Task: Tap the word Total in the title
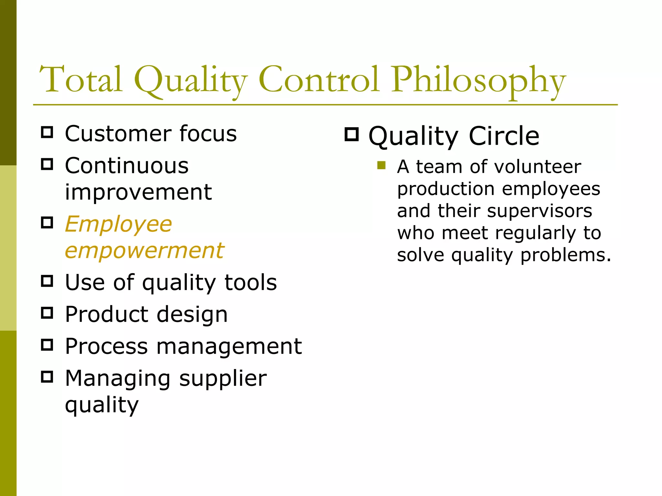click(81, 79)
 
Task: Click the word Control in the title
click(318, 79)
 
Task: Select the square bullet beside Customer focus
click(47, 132)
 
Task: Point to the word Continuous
click(127, 166)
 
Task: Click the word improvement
click(138, 192)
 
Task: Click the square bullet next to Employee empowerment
click(47, 222)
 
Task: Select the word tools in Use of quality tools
click(251, 283)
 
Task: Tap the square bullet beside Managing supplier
click(47, 377)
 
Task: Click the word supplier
click(223, 378)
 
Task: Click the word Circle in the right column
click(504, 136)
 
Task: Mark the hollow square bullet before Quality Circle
click(352, 134)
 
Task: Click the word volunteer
click(538, 167)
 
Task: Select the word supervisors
click(539, 211)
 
